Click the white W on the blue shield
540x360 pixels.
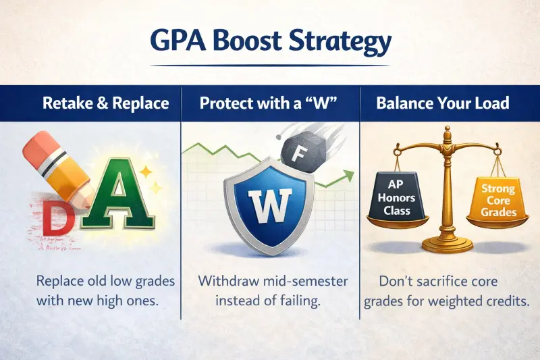pos(270,203)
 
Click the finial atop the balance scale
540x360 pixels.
pos(446,133)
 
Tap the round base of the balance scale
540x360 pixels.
pos(446,241)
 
